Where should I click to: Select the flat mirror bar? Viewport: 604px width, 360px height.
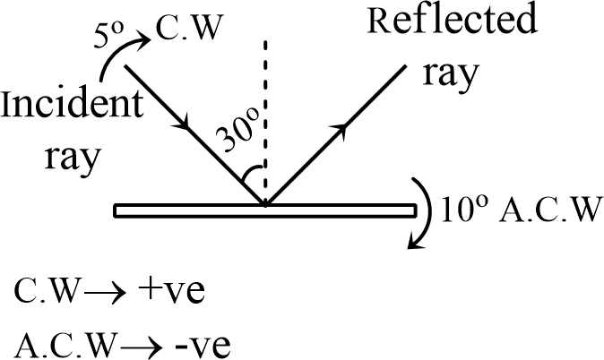[x=265, y=211]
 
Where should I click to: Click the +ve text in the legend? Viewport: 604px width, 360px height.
[x=174, y=291]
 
